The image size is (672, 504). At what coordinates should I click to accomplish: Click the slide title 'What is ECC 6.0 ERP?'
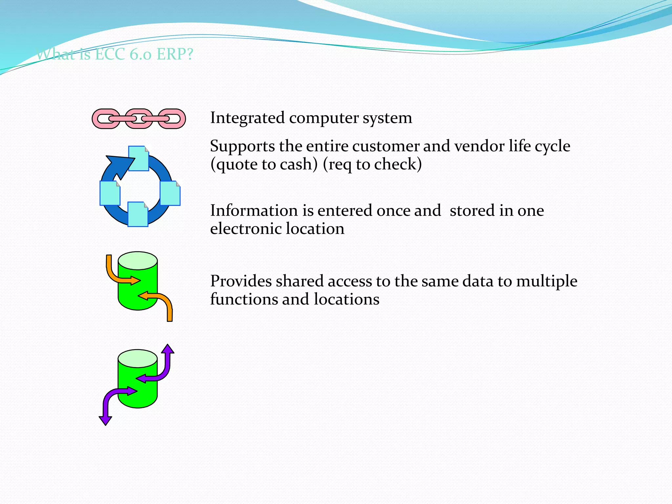pos(115,54)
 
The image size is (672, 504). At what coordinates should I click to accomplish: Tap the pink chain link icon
pos(139,119)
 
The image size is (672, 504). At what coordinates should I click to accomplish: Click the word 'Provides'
pos(241,282)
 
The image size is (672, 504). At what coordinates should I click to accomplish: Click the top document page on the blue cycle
pos(138,158)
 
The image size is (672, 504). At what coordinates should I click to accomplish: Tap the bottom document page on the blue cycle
pos(137,214)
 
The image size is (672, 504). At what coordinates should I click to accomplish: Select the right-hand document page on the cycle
pos(170,193)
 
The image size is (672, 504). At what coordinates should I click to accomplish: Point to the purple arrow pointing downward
pos(108,407)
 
